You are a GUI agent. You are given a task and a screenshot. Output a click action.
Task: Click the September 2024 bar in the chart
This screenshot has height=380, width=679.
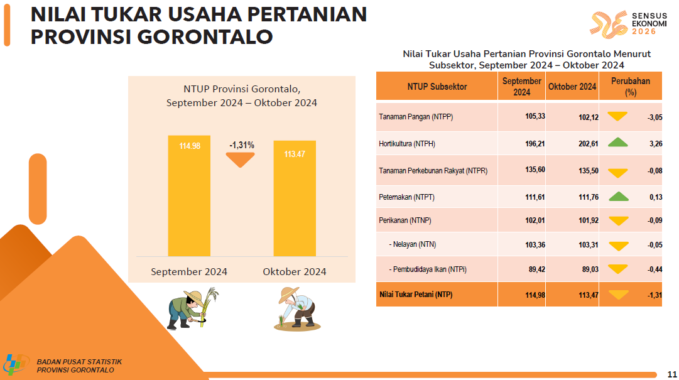[x=189, y=195]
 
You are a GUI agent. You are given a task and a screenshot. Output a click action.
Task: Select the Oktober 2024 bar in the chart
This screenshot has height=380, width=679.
[x=295, y=198]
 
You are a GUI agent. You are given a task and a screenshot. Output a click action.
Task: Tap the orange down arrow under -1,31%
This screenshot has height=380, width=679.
[x=241, y=160]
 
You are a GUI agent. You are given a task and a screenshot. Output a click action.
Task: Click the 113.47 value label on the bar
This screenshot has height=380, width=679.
[x=295, y=154]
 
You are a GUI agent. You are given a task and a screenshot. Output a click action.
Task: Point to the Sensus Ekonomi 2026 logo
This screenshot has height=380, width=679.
[x=628, y=24]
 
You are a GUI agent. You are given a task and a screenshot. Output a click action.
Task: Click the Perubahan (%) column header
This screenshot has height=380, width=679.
[x=631, y=86]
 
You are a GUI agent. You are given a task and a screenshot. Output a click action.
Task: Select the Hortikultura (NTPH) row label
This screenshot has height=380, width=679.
[x=407, y=144]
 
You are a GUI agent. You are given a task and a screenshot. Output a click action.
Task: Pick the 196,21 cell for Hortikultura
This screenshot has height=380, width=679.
[x=535, y=144]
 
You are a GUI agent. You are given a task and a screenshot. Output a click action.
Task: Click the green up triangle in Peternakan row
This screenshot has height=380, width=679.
[x=618, y=196]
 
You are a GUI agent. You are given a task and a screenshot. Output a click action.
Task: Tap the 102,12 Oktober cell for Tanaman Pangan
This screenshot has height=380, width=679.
[x=589, y=117]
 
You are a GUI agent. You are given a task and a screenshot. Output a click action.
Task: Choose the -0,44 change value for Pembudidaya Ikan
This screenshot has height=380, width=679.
[x=655, y=269]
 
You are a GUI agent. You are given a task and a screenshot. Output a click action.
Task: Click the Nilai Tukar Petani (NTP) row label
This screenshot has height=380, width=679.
[x=416, y=295]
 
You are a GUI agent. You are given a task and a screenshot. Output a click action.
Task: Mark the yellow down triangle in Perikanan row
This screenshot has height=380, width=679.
[x=618, y=220]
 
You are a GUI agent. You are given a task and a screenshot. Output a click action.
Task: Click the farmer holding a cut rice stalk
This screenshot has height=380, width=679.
[x=192, y=308]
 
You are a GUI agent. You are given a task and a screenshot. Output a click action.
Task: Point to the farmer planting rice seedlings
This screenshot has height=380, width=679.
[x=297, y=309]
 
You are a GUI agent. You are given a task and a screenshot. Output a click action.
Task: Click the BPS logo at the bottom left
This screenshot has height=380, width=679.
[x=16, y=364]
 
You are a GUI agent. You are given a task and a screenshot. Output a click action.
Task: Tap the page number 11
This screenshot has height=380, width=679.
[x=672, y=374]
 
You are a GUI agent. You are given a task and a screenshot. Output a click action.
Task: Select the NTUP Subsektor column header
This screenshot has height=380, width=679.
[x=437, y=87]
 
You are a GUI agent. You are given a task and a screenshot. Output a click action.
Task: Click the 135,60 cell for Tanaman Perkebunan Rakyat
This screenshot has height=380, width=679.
[x=535, y=170]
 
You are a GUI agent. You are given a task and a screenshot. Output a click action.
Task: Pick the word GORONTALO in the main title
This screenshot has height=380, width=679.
[x=205, y=37]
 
